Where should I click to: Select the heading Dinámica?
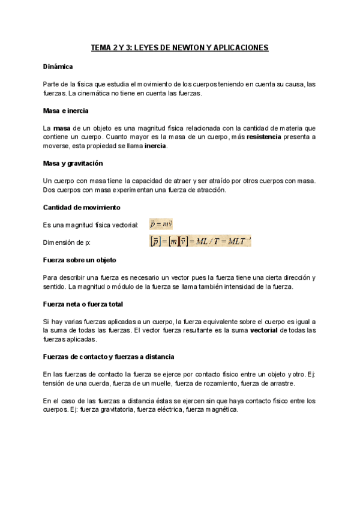click(58, 67)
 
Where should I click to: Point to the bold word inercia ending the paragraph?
click(155, 146)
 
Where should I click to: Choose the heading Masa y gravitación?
click(73, 163)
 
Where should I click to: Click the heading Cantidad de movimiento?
click(82, 207)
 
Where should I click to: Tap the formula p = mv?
click(161, 224)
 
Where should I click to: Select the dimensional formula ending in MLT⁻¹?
click(200, 242)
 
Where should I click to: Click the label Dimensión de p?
click(67, 242)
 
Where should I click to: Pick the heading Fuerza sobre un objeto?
click(80, 260)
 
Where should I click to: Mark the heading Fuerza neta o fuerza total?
click(83, 304)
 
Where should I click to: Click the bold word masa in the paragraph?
click(62, 128)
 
